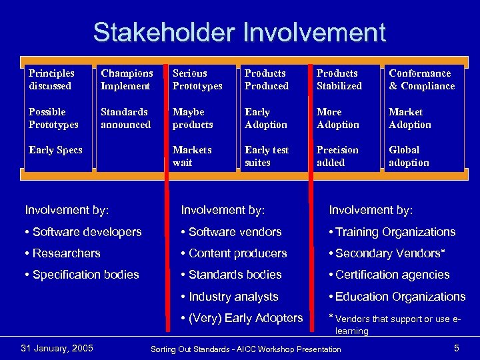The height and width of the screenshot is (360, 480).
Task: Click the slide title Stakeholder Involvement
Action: click(x=239, y=32)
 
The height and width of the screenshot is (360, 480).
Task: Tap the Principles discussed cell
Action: click(x=51, y=79)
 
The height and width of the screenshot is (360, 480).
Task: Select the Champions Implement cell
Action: click(x=127, y=79)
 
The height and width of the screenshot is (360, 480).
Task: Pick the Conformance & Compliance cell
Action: click(x=421, y=79)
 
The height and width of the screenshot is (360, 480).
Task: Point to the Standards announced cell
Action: click(x=125, y=118)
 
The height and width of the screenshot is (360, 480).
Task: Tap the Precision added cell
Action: click(x=337, y=156)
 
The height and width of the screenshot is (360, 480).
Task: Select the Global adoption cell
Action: click(x=409, y=156)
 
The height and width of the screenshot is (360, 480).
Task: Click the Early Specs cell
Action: click(x=55, y=150)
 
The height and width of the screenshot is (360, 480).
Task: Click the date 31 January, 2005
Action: click(x=57, y=348)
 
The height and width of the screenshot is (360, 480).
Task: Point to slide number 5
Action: click(x=457, y=348)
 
